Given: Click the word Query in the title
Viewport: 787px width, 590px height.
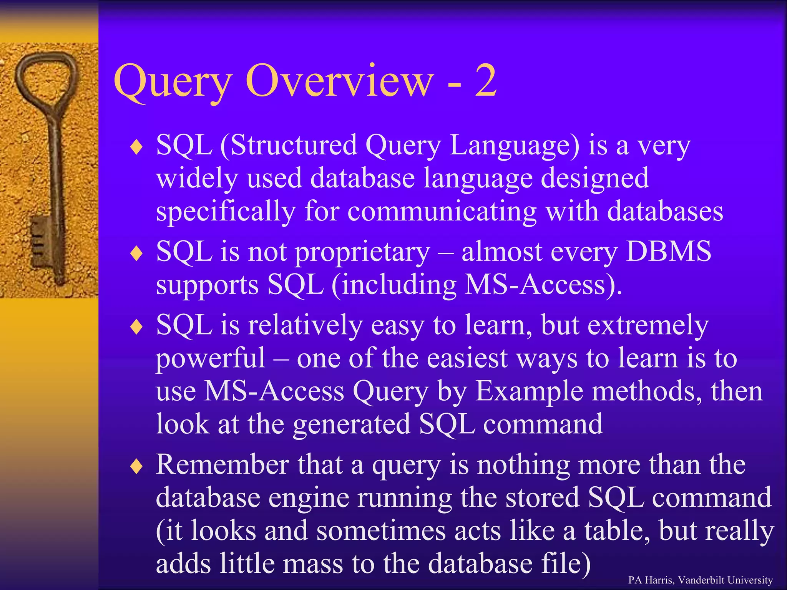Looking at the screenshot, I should (173, 83).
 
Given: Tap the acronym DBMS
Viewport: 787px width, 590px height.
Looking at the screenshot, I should (668, 252).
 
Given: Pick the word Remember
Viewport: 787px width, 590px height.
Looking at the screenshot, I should (222, 465).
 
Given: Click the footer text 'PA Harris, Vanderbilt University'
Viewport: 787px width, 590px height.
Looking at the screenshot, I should (700, 580).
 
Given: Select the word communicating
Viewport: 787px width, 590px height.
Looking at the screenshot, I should (442, 212).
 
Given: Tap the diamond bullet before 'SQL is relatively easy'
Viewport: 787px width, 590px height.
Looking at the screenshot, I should (136, 327).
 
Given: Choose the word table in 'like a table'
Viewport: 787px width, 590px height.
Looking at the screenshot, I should (616, 531).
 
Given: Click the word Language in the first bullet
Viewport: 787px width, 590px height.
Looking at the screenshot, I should (514, 146).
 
